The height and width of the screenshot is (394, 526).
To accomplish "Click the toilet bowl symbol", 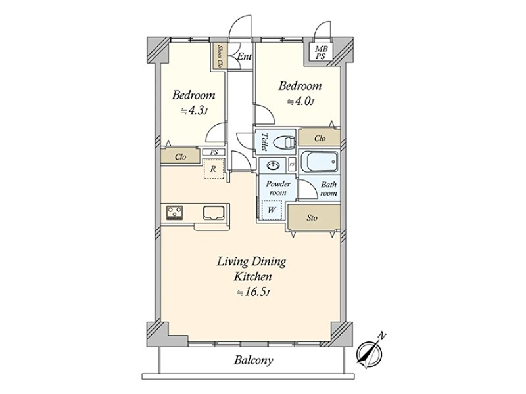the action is (x=284, y=142).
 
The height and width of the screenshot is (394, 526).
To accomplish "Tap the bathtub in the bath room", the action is (x=319, y=162).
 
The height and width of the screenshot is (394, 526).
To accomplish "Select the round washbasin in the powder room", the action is (x=273, y=165).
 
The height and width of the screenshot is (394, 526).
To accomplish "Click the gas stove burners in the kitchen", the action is (x=175, y=213).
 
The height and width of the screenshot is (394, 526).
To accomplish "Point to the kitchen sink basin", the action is (x=213, y=213).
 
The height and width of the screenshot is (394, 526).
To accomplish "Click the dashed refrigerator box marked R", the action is (x=213, y=169).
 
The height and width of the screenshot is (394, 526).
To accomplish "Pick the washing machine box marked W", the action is (x=272, y=210).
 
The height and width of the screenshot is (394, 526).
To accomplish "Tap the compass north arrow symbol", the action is (x=370, y=352).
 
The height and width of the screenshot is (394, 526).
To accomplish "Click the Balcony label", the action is (x=253, y=360).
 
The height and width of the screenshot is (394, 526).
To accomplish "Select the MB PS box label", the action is (x=321, y=53).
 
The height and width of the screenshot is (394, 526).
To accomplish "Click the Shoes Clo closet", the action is (x=219, y=56).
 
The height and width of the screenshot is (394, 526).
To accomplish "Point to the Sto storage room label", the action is (x=312, y=218).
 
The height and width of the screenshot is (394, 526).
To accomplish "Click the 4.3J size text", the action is (x=193, y=110).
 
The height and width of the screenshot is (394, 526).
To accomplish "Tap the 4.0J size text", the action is (x=300, y=101).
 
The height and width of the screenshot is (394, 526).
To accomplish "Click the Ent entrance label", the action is (x=244, y=56).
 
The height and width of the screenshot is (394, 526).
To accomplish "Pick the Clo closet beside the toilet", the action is (x=320, y=138).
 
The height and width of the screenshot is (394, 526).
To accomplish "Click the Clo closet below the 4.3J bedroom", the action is (x=180, y=156).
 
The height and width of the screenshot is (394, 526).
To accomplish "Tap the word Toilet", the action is (x=264, y=142).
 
